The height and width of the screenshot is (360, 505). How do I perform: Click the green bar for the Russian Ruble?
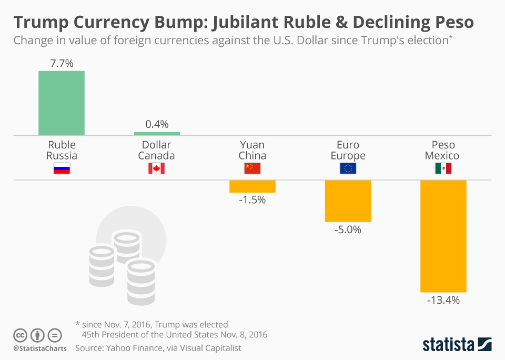62,103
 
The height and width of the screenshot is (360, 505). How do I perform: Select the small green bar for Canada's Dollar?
157,133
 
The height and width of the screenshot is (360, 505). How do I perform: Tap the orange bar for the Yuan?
252,186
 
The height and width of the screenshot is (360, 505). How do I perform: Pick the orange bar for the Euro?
348,201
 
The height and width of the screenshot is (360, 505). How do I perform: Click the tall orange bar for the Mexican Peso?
443,236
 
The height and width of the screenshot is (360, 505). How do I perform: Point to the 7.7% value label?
62,64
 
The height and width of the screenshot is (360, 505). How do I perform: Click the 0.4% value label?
157,124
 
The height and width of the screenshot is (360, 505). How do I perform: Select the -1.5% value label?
252,200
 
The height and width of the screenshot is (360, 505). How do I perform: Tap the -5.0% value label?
348,229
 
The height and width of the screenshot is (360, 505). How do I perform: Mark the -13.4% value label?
443,301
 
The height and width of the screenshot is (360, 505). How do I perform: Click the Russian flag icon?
62,168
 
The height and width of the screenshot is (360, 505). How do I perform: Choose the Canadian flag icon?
157,168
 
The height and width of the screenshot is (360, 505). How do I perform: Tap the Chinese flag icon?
252,168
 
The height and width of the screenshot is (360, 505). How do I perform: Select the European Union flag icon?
348,168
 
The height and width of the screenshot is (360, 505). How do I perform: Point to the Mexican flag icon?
443,168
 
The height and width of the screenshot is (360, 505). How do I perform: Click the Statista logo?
457,344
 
